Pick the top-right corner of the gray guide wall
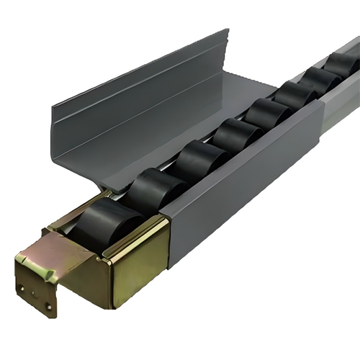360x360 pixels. click(x=227, y=30)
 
